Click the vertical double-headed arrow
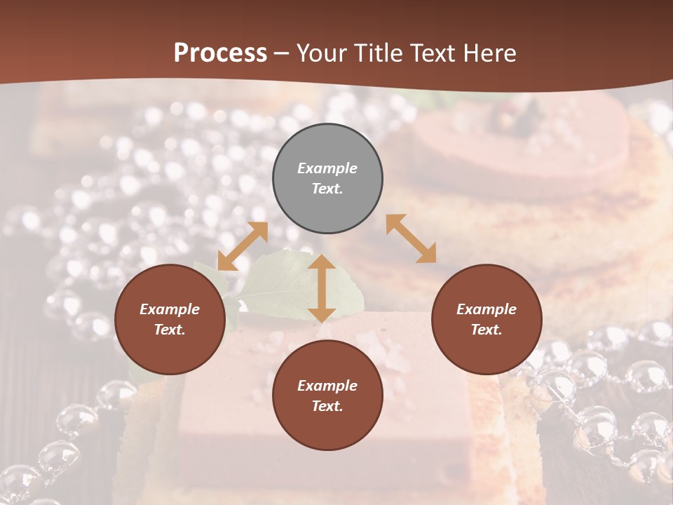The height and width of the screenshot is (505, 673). [x=322, y=289]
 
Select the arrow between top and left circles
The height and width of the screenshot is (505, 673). [x=243, y=246]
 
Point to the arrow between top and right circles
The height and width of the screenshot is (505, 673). [x=411, y=238]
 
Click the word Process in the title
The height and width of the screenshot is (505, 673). [x=220, y=53]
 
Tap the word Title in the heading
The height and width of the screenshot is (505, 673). [x=377, y=53]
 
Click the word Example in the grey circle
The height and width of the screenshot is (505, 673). [x=327, y=168]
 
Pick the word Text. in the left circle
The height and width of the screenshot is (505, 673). [x=170, y=330]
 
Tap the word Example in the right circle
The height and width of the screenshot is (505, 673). [x=487, y=309]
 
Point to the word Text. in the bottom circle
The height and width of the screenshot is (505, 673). [x=327, y=406]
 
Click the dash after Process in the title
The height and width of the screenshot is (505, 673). [x=282, y=54]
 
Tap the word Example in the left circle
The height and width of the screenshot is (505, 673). [x=170, y=309]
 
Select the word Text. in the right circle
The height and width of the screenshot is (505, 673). [x=487, y=330]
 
